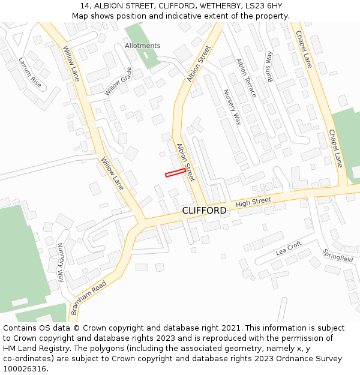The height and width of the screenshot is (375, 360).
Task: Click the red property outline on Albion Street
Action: coord(175,172)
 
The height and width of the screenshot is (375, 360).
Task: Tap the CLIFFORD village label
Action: coord(204,211)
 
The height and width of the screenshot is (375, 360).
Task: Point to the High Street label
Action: coord(253,203)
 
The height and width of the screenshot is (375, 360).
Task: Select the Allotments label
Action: coord(143,46)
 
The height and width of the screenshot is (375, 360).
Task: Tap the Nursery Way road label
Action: coord(232,107)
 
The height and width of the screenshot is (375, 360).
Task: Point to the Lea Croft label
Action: coord(288,248)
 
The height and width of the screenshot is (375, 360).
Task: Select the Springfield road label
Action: coord(338,255)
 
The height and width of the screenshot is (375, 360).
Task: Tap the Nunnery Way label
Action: coord(61,262)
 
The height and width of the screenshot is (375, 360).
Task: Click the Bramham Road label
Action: coord(88,298)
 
